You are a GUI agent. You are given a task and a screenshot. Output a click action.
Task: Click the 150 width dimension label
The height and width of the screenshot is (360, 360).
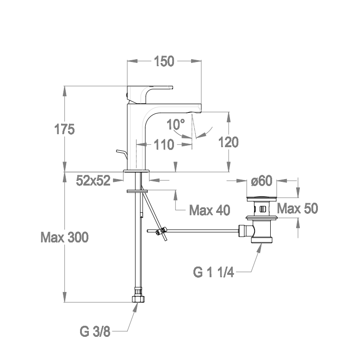coord(164,61)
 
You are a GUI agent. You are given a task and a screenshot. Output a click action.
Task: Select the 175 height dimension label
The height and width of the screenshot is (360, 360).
coord(64,130)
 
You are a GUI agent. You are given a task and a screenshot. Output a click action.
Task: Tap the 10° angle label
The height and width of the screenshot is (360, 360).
coord(176,124)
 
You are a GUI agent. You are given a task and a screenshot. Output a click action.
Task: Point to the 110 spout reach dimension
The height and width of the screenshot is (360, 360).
coord(164,145)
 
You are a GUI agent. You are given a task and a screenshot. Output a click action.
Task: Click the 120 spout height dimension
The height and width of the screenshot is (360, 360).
coord(228,142)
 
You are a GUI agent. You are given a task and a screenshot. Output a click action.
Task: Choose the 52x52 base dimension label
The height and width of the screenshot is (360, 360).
coord(93,181)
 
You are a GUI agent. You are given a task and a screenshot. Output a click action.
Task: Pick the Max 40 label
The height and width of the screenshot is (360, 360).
coord(210,211)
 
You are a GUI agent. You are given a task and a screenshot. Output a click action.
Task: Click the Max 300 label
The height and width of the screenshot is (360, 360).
coord(64,238)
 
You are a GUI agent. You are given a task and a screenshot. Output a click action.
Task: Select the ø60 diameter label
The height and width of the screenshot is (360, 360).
coord(262,181)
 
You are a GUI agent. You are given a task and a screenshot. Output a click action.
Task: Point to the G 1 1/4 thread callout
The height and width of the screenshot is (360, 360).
coord(214,272)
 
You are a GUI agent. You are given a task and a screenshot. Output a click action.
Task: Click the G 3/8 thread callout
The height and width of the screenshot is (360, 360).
coord(94,331)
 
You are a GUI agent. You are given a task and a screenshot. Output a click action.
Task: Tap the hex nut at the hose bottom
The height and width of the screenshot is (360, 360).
coord(137,297)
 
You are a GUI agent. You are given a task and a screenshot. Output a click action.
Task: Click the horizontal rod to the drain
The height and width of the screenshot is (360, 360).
coord(199,230)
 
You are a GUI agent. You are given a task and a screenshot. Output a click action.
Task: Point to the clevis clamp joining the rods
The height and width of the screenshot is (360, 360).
coord(161,231)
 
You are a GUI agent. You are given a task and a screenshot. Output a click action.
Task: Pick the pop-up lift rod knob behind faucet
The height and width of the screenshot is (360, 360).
coord(121,153)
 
